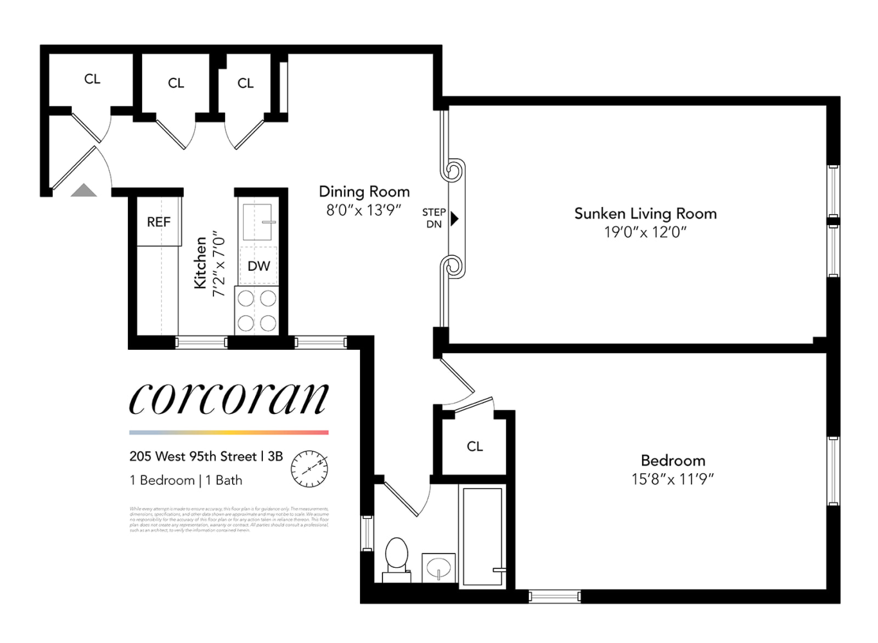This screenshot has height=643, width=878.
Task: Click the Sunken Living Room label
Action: [645, 213]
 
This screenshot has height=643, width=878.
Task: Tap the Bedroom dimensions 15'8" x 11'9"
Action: [672, 479]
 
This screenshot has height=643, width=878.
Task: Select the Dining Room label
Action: [364, 192]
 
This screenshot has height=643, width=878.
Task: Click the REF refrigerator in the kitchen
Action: [159, 222]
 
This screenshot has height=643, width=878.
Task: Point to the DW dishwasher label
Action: [258, 266]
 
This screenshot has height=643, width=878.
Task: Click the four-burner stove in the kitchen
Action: [257, 311]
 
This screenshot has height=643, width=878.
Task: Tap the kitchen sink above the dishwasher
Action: [258, 222]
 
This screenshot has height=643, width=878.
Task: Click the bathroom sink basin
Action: [439, 568]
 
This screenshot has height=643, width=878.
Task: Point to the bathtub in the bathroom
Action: [482, 536]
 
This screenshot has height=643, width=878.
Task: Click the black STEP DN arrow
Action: [454, 219]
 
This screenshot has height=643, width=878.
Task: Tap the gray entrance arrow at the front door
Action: [84, 190]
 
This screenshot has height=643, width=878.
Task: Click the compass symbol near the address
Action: [309, 468]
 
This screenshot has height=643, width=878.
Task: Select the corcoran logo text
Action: [229, 399]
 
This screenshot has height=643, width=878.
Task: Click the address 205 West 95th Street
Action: [193, 457]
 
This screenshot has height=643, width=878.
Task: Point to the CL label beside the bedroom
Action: [474, 446]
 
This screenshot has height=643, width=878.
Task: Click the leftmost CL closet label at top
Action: [92, 79]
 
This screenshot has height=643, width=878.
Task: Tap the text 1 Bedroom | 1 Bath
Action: [186, 480]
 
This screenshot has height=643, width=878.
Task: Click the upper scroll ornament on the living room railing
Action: [452, 172]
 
